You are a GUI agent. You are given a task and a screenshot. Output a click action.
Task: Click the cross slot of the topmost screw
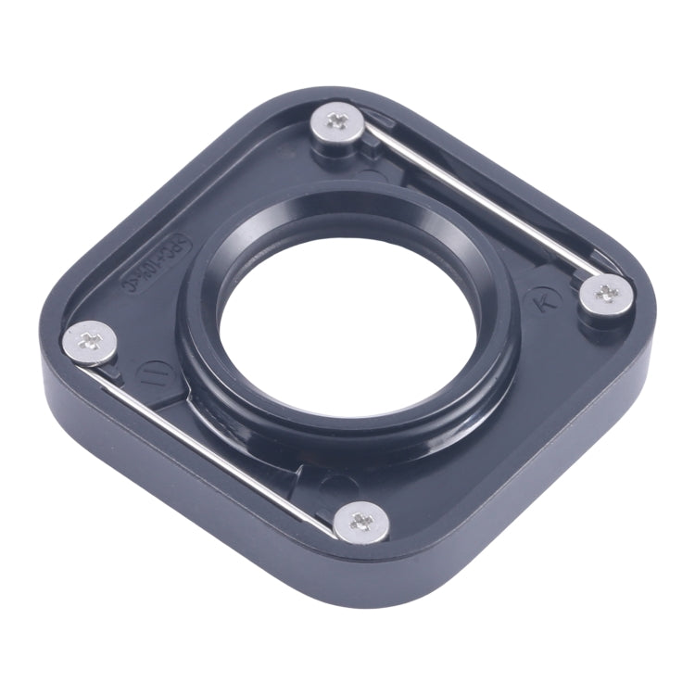pos(336,120)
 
